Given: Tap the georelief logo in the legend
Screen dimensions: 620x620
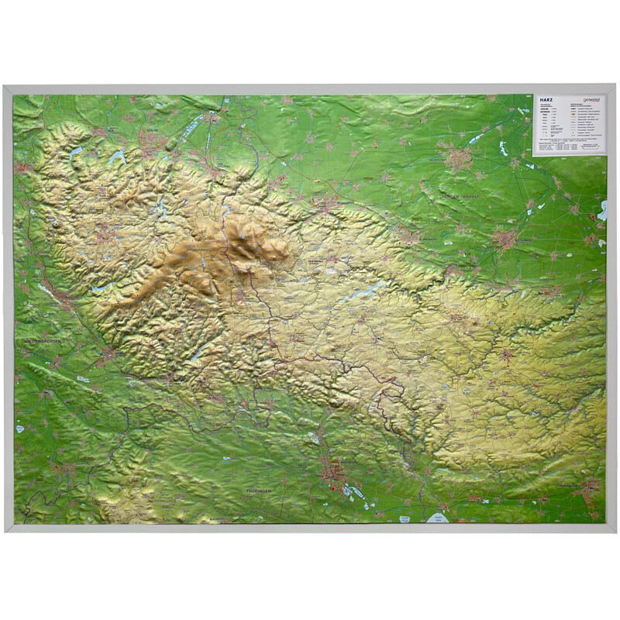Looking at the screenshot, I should [x=591, y=100].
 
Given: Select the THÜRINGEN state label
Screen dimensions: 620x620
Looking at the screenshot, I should [x=262, y=491].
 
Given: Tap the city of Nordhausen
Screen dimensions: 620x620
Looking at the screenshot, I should [x=337, y=470].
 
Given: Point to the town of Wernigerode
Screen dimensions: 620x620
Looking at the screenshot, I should [x=325, y=204].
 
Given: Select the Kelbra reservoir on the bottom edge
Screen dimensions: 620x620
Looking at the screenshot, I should [x=439, y=518].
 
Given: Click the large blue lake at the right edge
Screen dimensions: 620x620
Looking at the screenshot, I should [x=602, y=209].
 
